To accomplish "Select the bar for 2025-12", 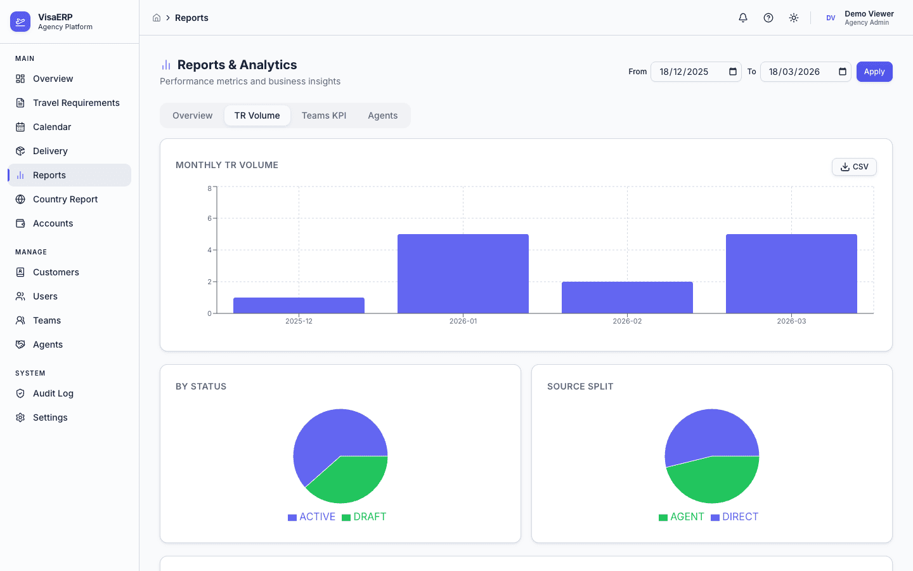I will pos(299,305).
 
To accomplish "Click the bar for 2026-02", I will pos(627,298).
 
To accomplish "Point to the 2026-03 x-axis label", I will pos(791,322).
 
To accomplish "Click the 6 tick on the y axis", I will pos(210,218).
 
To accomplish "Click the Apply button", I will pos(874,72).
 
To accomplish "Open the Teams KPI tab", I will pos(323,115).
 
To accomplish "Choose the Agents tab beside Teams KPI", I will pos(382,115).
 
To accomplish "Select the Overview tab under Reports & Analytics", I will pos(192,115).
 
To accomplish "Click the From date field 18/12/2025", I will pos(688,72).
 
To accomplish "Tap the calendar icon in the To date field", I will pos(843,72).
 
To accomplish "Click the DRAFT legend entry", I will pos(364,517).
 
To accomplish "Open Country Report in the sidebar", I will pos(65,199).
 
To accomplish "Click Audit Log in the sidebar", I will pos(53,393).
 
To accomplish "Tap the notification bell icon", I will pos(743,18).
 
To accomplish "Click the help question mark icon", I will pos(768,18).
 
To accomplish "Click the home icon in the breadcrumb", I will pos(157,18).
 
